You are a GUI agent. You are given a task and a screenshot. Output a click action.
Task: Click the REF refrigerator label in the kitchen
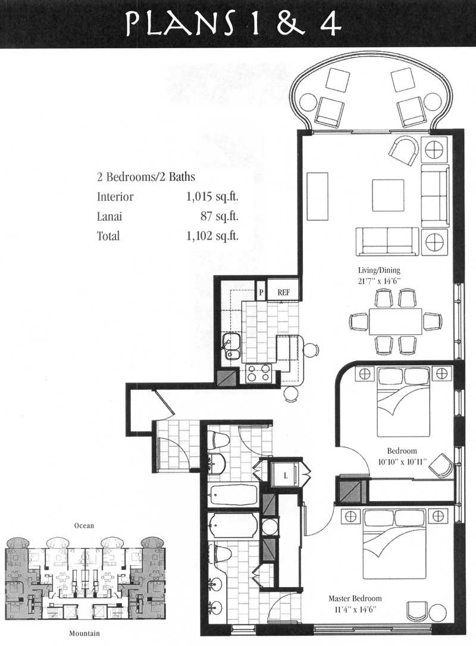[x=284, y=292]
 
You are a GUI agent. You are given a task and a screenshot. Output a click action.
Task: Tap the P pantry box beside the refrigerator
[x=261, y=292]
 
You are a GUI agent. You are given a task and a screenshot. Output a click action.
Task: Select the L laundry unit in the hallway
[x=285, y=475]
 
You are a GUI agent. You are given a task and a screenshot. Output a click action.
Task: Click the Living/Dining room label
[x=379, y=270]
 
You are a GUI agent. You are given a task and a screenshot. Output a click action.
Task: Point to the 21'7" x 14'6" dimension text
[x=379, y=281]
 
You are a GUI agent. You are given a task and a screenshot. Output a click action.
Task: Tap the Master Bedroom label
[x=355, y=598]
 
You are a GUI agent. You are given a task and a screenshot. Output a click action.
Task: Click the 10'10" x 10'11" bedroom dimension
[x=402, y=461]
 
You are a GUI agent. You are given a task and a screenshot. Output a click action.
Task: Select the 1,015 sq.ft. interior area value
[x=212, y=196]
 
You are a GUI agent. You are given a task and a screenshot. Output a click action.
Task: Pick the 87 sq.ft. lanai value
[x=219, y=216]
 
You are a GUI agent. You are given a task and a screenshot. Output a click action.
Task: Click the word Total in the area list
[x=108, y=236]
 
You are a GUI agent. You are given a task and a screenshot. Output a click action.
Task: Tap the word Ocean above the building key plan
[x=84, y=525]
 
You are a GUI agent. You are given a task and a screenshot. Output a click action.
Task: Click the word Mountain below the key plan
[x=84, y=634]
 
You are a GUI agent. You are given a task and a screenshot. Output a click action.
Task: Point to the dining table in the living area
[x=396, y=321]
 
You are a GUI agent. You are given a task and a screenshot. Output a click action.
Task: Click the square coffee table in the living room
[x=388, y=195]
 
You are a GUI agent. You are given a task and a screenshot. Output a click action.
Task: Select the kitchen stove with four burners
[x=258, y=373]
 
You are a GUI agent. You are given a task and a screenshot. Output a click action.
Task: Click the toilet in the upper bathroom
[x=218, y=440]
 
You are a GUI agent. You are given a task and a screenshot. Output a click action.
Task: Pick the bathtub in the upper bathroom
[x=233, y=496]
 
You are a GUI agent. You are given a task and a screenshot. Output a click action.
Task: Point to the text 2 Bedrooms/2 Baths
[x=146, y=177]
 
